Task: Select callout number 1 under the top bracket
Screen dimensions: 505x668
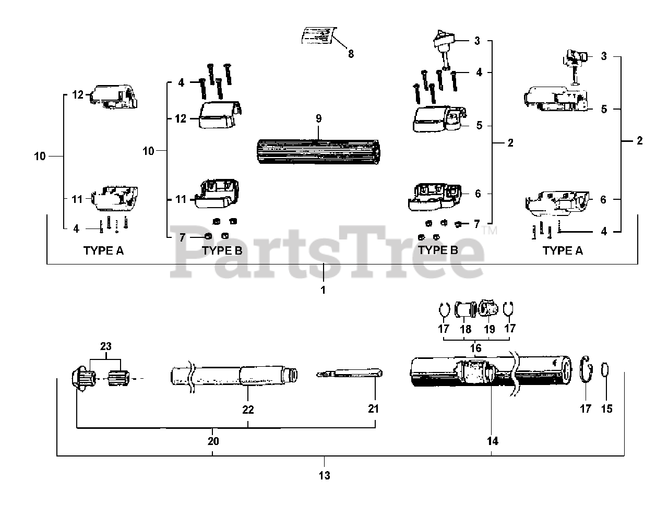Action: (x=323, y=290)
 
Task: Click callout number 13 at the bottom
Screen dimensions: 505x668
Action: (x=324, y=475)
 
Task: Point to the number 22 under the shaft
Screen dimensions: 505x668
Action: (x=248, y=410)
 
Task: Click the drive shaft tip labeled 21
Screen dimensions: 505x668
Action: (x=350, y=374)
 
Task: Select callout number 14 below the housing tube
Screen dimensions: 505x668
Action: (x=492, y=441)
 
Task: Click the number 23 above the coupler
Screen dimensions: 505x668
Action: (x=106, y=346)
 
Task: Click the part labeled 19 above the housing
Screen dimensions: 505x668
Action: (x=489, y=309)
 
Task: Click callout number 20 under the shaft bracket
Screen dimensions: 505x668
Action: (x=212, y=441)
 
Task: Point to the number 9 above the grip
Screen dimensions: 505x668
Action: (x=318, y=118)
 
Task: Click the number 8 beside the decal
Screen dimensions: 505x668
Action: (x=351, y=53)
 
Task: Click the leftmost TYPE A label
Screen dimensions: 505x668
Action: (x=103, y=250)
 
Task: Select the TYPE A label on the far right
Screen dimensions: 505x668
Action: (x=562, y=250)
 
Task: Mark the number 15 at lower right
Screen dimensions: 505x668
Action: (x=606, y=409)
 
